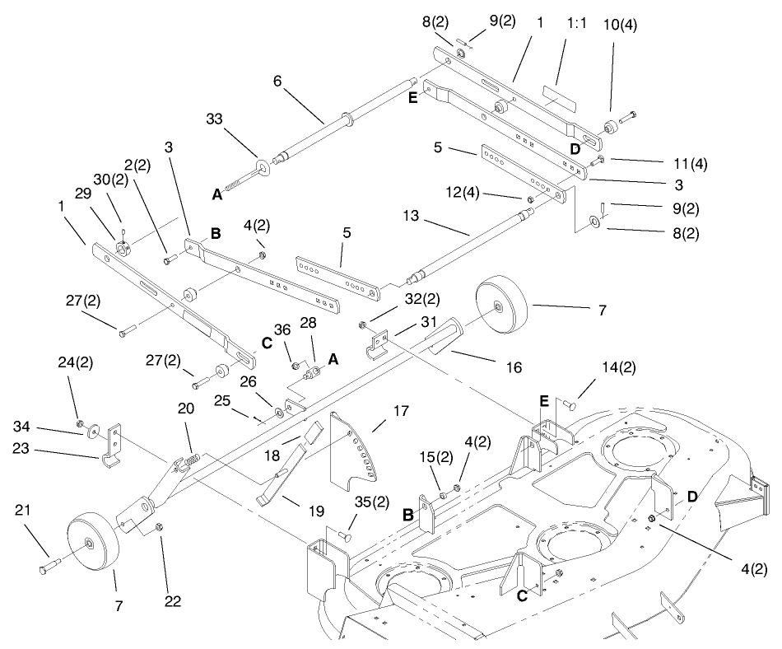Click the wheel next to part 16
point(499,307)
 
